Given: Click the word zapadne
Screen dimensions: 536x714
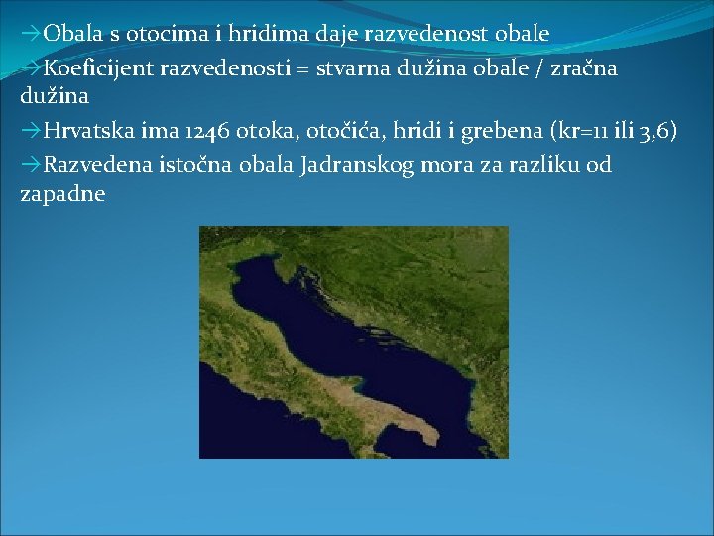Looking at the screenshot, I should coord(61,194).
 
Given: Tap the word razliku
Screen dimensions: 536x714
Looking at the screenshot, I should coord(533,164).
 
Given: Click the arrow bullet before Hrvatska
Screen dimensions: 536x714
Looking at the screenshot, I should coord(30,132).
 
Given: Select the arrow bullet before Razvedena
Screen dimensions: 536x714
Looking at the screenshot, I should coord(30,164).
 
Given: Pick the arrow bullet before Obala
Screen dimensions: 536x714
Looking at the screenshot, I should coord(30,35).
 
